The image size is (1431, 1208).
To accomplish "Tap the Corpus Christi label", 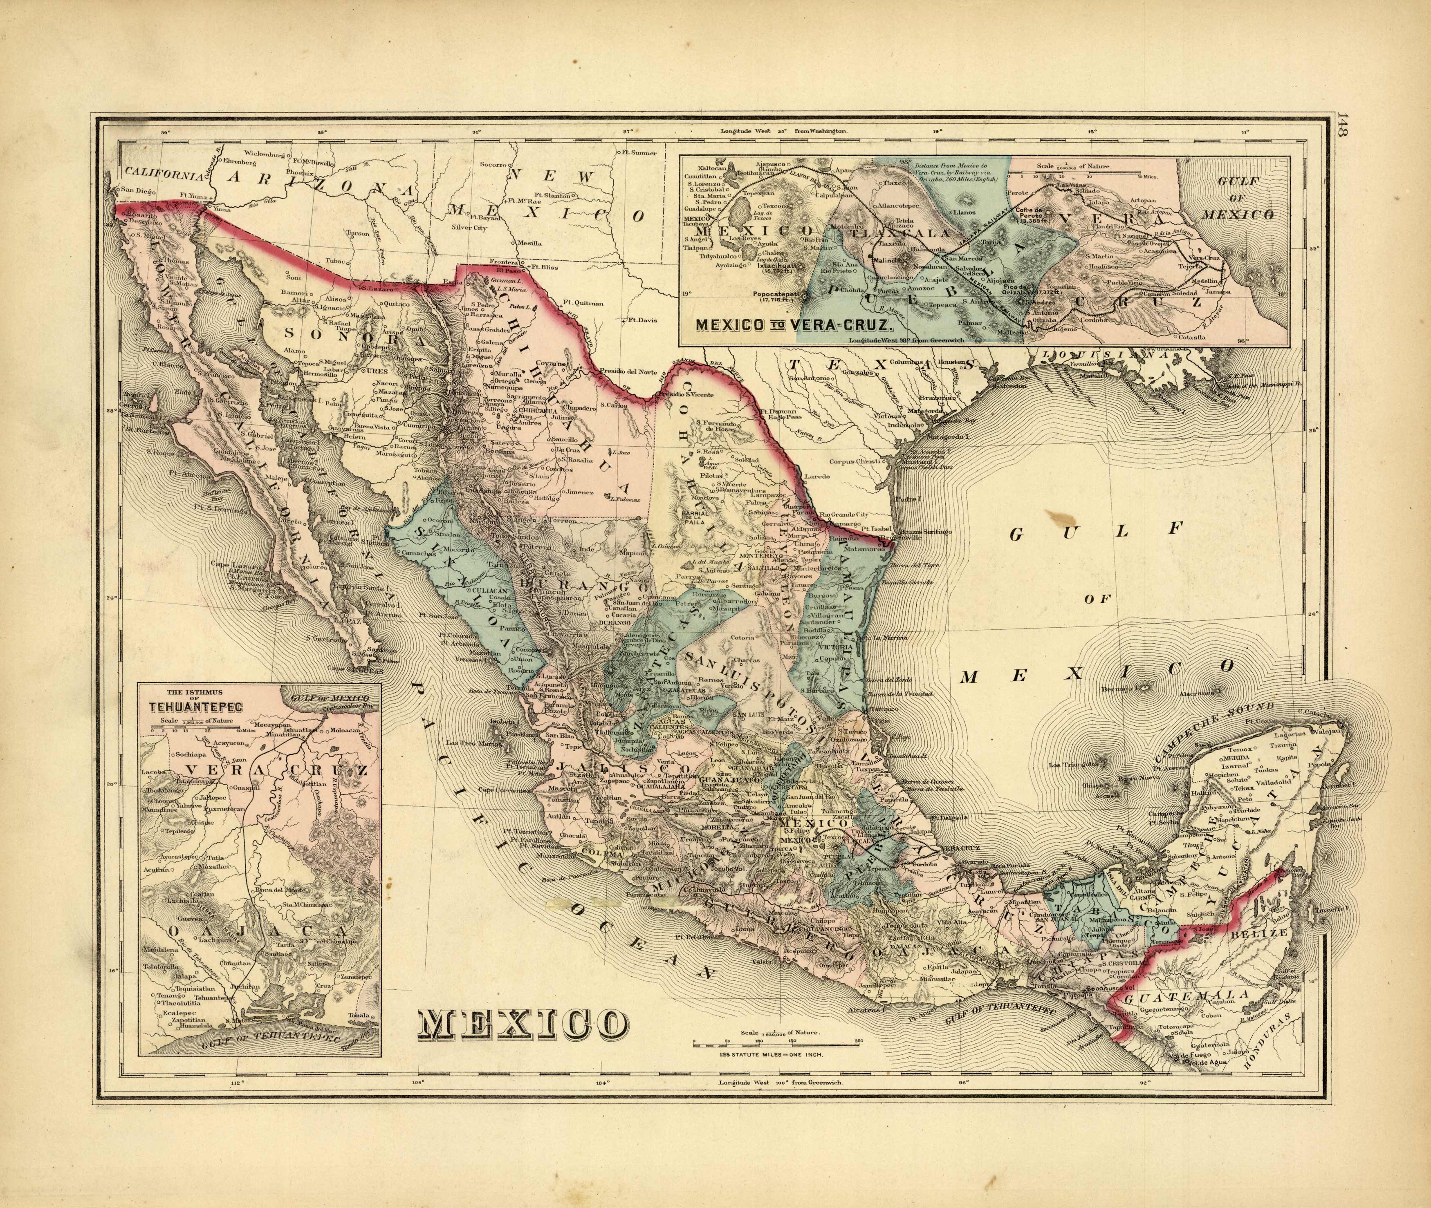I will tap(854, 461).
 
